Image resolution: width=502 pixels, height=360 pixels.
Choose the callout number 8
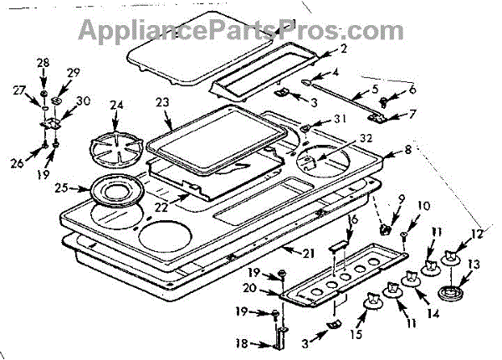point(408,151)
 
